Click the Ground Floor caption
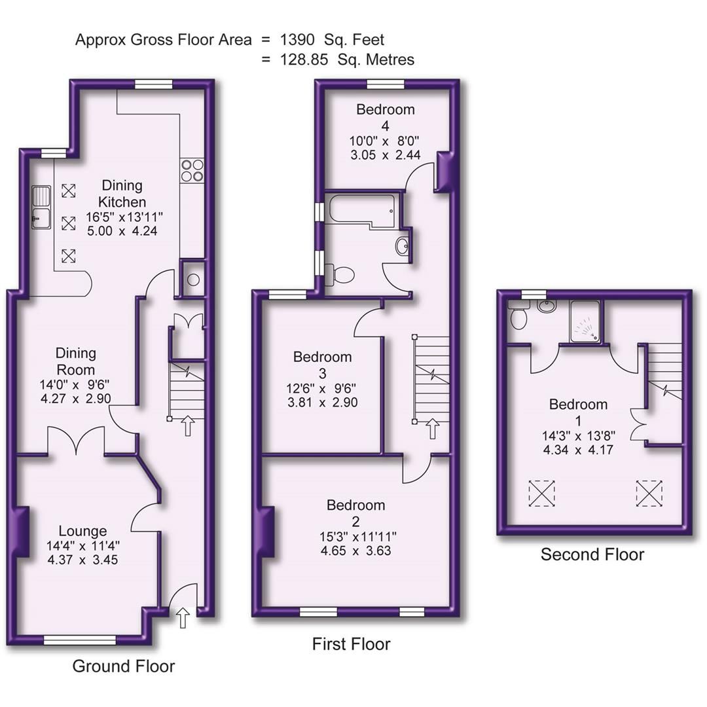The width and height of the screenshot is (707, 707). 123,666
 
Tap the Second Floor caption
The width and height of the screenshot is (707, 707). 592,554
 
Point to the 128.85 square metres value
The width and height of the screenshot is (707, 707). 306,60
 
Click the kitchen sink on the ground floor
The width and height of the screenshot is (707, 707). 41,207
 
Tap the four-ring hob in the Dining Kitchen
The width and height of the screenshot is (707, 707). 192,170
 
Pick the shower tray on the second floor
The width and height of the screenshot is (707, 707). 585,321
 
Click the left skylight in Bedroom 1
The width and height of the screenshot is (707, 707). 541,492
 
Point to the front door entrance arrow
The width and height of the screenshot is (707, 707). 183,617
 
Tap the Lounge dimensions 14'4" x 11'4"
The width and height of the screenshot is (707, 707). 82,545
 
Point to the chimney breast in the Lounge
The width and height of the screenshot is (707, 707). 22,532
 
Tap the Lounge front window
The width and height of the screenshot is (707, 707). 80,639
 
